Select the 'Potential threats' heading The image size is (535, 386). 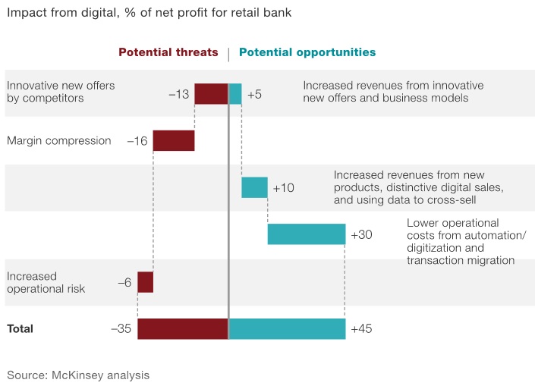coord(168,53)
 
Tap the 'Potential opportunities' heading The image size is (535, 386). coord(307,53)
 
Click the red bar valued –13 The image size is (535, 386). coord(211,94)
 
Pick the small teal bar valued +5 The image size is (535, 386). coord(235,94)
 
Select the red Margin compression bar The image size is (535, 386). coord(174,140)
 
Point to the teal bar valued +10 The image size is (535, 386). coord(254,187)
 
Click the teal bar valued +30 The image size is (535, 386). coord(307,234)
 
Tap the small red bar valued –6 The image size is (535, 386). coord(145,282)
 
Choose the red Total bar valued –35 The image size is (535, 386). coord(183,329)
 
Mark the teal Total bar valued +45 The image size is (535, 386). coord(287,329)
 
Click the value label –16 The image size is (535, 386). coord(137,141)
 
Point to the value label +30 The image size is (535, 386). coord(361,235)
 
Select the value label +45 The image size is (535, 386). coord(361,329)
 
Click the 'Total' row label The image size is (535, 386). coord(20,329)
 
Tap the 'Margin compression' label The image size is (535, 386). coord(58,141)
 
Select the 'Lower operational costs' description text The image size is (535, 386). coord(461,241)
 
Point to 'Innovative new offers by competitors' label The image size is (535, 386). coord(61,92)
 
